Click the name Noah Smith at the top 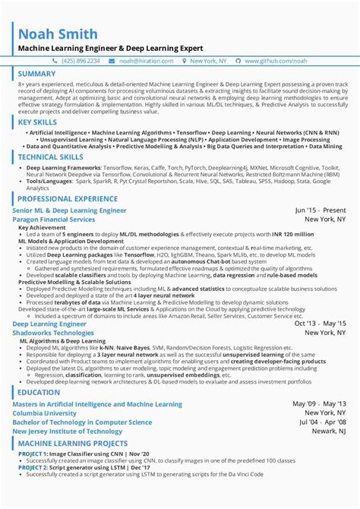pos(57,33)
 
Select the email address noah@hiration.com pos(162,60)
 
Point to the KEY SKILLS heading pos(38,122)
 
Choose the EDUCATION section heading pos(39,392)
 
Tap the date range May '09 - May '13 pos(319,403)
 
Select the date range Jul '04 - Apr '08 pos(320,422)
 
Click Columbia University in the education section pos(46,413)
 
